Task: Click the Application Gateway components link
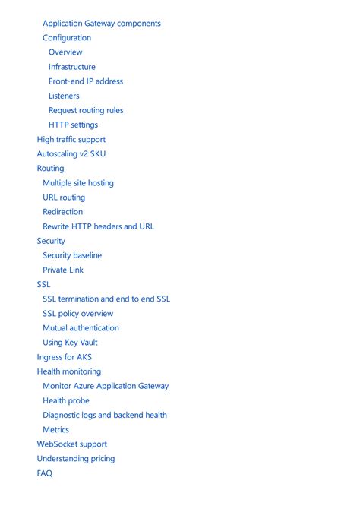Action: [x=101, y=24]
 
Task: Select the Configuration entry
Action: [x=67, y=38]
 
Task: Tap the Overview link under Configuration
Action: [x=65, y=52]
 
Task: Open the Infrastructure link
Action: [x=72, y=67]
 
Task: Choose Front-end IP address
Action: [x=86, y=81]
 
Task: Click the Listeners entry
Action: [x=64, y=96]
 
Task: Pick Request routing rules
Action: [x=86, y=110]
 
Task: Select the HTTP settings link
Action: [x=73, y=125]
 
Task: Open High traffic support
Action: [x=71, y=140]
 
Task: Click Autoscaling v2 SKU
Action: [x=71, y=154]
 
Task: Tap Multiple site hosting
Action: [x=78, y=183]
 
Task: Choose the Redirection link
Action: [x=63, y=212]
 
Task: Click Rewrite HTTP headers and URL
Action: [x=98, y=226]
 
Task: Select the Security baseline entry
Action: [x=72, y=255]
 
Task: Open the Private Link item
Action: [x=63, y=270]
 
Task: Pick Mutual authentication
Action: [x=81, y=328]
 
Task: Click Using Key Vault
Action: [x=70, y=343]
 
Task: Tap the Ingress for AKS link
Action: [x=65, y=357]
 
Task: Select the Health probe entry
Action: [x=66, y=400]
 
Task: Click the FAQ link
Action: [x=45, y=473]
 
